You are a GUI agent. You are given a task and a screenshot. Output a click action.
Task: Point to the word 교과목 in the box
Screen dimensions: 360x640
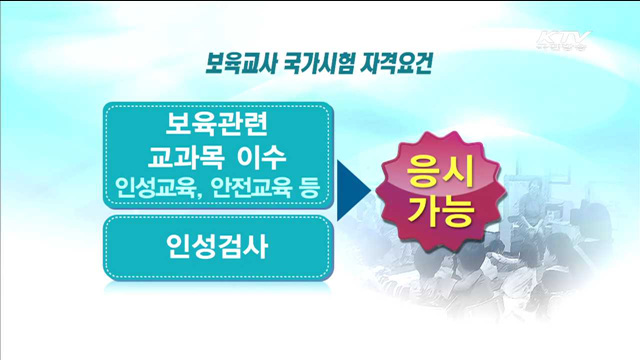click(x=186, y=158)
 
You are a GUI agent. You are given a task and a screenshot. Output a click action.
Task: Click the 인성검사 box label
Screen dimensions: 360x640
click(x=218, y=244)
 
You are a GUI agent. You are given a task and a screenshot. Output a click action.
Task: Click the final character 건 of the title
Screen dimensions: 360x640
click(x=413, y=61)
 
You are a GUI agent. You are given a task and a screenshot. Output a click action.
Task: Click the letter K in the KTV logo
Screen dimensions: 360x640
click(x=546, y=41)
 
